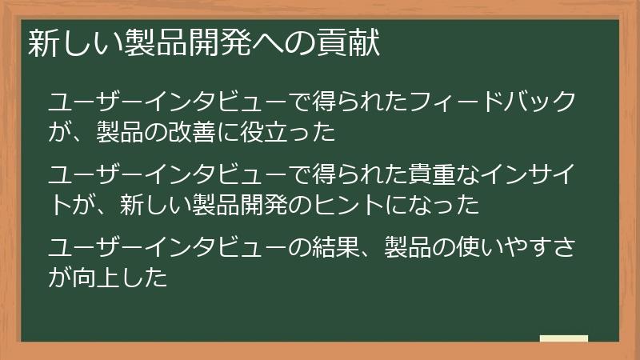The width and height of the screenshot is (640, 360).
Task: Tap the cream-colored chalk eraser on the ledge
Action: point(564,338)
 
